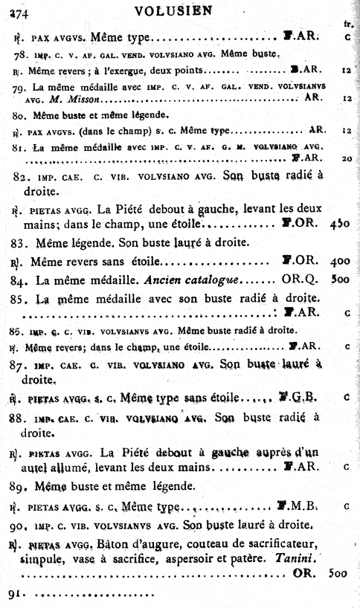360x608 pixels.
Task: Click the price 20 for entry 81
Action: point(346,158)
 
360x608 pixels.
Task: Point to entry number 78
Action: point(21,54)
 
